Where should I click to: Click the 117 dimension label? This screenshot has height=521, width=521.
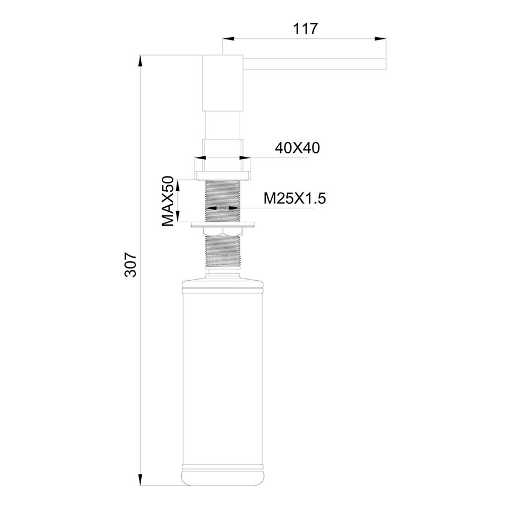(305, 29)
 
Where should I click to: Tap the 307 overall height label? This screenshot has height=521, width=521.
(131, 265)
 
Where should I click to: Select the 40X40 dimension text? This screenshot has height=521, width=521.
(297, 148)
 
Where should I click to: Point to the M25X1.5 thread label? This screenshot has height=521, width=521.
(295, 199)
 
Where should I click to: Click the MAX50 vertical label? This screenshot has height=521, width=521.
(168, 201)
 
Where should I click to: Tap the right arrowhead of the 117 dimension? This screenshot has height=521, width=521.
(380, 39)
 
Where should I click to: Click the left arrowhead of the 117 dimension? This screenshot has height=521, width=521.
(228, 39)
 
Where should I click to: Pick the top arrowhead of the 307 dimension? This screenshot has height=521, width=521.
(141, 61)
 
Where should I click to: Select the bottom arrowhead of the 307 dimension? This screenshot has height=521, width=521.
(141, 479)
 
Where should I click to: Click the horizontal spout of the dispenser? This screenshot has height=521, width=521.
(315, 64)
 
